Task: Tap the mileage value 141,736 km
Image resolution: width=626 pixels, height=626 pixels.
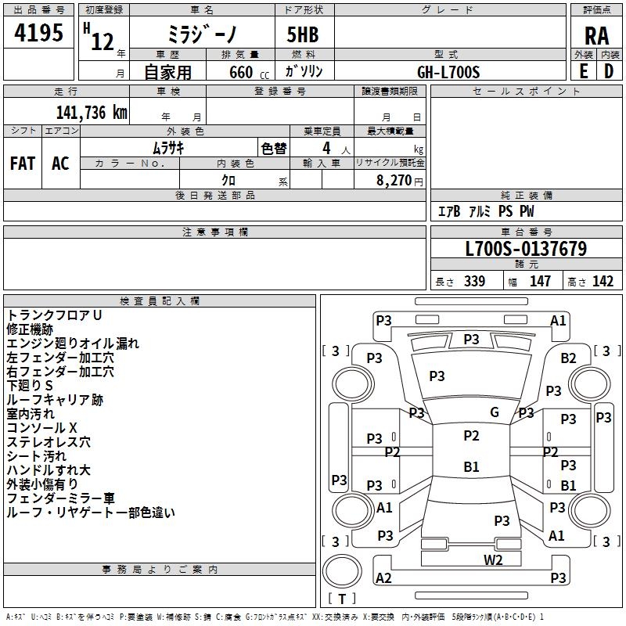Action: click(92, 113)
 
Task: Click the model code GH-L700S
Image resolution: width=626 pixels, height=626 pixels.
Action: click(448, 72)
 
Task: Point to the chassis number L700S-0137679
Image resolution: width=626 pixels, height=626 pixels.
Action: click(526, 250)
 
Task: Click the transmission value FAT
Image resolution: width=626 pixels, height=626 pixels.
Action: click(22, 163)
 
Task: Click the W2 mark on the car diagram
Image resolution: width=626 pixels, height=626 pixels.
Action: click(493, 559)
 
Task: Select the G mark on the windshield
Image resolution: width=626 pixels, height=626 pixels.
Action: click(495, 412)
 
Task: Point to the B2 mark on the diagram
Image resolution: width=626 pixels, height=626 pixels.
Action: click(569, 358)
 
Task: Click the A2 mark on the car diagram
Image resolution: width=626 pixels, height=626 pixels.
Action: click(383, 578)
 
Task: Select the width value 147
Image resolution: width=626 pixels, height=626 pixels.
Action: click(540, 282)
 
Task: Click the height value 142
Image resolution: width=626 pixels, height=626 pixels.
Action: click(603, 282)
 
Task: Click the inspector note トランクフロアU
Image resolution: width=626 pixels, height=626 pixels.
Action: click(55, 315)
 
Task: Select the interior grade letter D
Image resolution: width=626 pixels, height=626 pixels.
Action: click(608, 71)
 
